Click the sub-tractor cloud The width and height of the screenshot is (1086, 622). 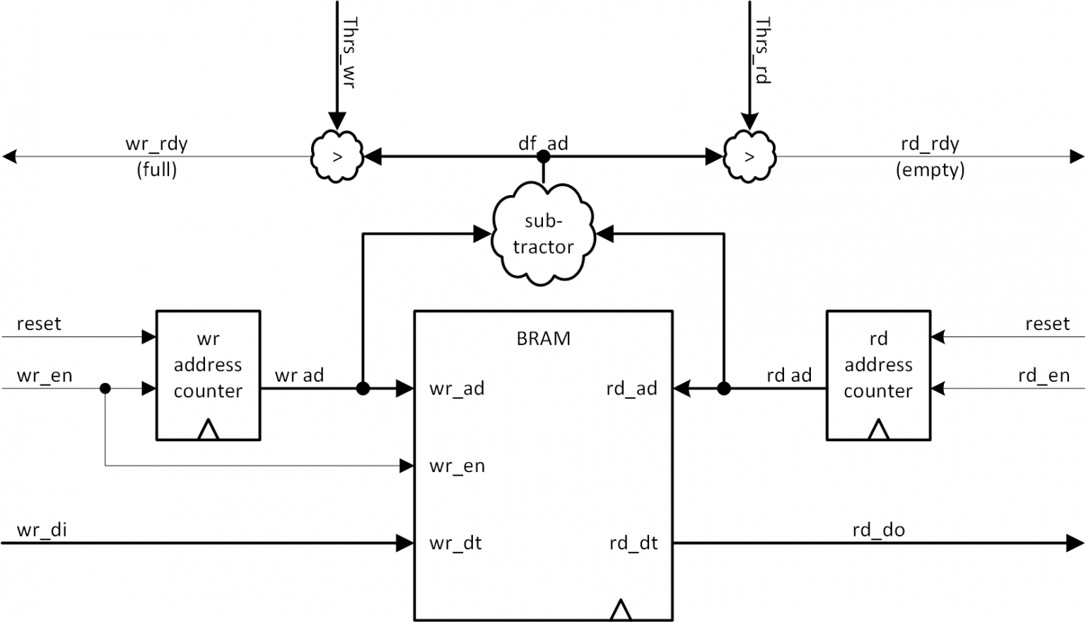[543, 233]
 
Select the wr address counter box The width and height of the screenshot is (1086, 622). [208, 375]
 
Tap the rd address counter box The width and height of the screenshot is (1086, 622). [878, 375]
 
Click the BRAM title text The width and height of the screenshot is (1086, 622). [543, 339]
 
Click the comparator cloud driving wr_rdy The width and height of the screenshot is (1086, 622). [337, 156]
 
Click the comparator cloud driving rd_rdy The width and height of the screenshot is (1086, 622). [749, 156]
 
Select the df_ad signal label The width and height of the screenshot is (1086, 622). [543, 143]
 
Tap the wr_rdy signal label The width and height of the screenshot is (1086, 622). [156, 144]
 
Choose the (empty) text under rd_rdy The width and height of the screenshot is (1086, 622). [930, 170]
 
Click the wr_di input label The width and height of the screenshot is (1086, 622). [42, 529]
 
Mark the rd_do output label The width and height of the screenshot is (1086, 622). [878, 529]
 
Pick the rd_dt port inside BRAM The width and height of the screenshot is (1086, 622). [633, 543]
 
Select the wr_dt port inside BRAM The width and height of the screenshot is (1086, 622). [455, 543]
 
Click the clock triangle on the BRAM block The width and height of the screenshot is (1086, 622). [621, 610]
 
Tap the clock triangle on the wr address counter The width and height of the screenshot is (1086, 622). [208, 429]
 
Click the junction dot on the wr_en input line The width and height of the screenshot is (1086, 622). [105, 388]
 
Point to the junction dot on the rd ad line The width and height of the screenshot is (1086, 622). [723, 388]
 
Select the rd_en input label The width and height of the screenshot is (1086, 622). [1044, 375]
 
